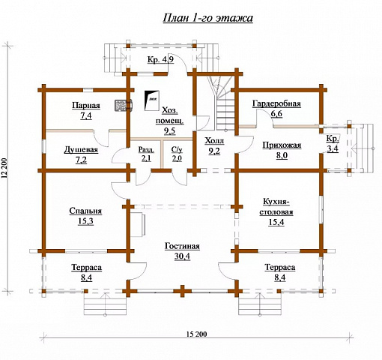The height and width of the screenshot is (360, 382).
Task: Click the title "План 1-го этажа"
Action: click(208, 18)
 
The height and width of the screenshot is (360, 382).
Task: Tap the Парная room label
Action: click(86, 106)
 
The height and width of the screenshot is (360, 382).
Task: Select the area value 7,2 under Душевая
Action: click(81, 160)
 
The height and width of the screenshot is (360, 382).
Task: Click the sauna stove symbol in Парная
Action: click(124, 105)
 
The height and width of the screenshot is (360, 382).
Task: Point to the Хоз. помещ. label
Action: click(170, 115)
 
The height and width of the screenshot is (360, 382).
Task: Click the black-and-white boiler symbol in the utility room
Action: click(152, 100)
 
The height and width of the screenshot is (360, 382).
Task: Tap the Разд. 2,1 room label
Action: click(146, 154)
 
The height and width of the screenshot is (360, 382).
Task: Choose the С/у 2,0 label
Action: click(177, 154)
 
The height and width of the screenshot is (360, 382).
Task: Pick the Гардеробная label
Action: click(276, 103)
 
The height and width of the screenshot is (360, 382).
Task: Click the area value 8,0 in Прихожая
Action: click(282, 156)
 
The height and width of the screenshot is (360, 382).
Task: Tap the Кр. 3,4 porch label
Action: click(333, 144)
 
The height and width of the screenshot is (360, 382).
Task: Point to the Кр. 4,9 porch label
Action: click(160, 60)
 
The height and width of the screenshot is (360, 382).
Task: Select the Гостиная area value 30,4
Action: click(182, 256)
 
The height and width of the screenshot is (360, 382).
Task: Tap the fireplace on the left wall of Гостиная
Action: click(138, 224)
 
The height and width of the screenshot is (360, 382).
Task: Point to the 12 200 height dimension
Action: click(4, 169)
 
